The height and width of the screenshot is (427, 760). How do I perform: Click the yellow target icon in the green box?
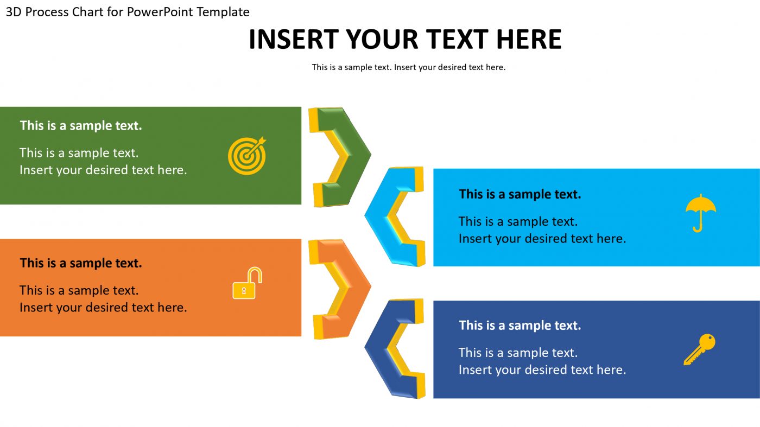[247, 155]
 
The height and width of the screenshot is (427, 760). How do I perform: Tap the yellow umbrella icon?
[700, 211]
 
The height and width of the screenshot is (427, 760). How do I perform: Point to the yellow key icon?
[699, 349]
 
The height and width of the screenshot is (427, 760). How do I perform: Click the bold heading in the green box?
[81, 126]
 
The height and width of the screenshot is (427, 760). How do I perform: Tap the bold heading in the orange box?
[81, 263]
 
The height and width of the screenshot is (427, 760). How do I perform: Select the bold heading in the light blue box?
[520, 194]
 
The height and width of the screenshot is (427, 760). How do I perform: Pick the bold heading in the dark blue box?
[520, 326]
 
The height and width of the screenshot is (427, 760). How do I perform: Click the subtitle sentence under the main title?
[408, 67]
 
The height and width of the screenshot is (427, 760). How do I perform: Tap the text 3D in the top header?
[14, 12]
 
